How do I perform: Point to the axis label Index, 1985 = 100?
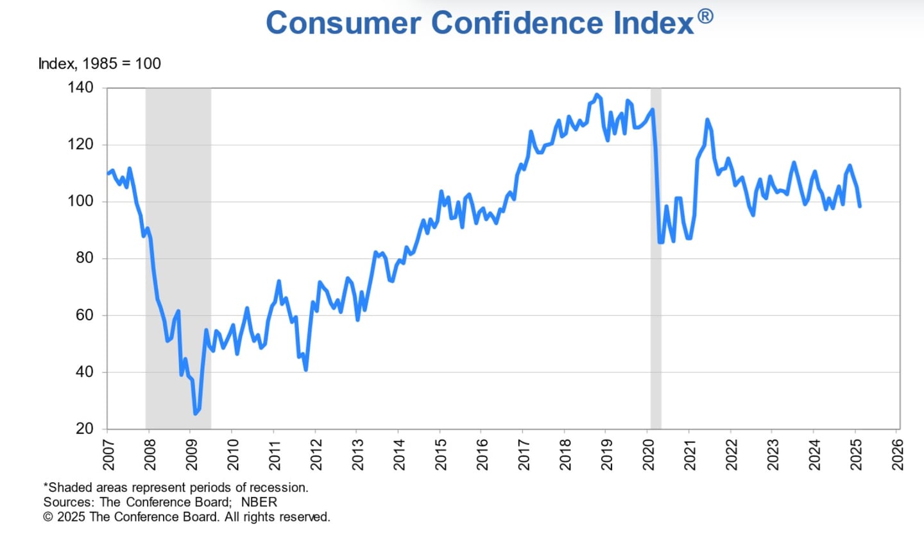(x=99, y=64)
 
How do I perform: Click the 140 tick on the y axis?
(x=83, y=87)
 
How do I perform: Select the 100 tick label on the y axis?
(x=83, y=202)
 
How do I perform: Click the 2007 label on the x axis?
(x=108, y=453)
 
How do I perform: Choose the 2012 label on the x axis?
(x=315, y=453)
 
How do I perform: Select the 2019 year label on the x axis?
(x=606, y=453)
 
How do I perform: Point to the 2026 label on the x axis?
(x=896, y=453)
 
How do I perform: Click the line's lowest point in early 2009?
(x=195, y=414)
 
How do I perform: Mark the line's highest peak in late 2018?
(x=597, y=94)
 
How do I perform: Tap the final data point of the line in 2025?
(x=859, y=205)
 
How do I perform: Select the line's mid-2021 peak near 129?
(x=707, y=119)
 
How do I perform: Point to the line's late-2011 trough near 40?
(x=305, y=370)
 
